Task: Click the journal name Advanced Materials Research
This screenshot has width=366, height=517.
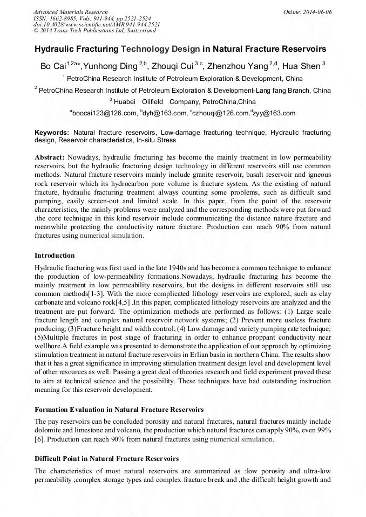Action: click(x=70, y=12)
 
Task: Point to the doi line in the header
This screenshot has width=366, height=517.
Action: click(x=97, y=25)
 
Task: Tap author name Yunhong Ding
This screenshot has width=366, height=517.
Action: click(x=112, y=66)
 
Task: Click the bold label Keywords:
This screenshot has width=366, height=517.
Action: click(x=52, y=132)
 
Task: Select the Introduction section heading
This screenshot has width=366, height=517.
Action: click(x=55, y=255)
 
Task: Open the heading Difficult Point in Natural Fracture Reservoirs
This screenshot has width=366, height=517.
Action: click(x=106, y=459)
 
